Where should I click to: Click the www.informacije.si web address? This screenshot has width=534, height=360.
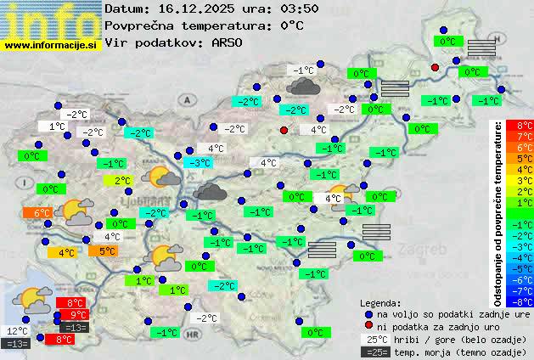point(51,44)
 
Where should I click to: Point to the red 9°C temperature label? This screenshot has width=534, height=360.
point(79,315)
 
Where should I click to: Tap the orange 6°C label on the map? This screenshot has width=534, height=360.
point(42,212)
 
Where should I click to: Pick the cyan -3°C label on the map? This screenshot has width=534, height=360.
point(200,162)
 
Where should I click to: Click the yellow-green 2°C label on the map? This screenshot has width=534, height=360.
point(122,180)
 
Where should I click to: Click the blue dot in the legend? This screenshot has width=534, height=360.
point(368,314)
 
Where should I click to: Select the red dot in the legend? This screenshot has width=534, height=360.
point(368,327)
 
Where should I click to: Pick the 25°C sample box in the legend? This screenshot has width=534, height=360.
point(374,340)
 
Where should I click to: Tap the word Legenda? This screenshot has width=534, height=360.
point(380,302)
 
